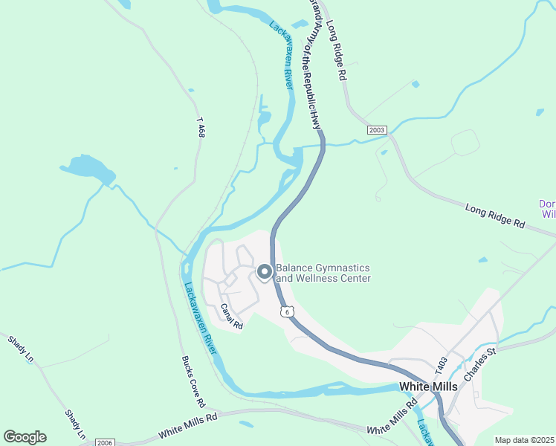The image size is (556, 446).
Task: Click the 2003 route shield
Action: click(x=377, y=130)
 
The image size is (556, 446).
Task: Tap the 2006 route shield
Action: click(x=104, y=442)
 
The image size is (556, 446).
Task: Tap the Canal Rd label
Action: click(x=232, y=316)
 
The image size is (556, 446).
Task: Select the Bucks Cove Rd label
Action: click(x=193, y=381)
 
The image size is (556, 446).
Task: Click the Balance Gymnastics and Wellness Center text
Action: click(x=323, y=273)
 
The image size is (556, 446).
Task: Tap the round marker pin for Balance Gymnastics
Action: click(x=265, y=273)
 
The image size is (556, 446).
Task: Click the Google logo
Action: click(x=25, y=437)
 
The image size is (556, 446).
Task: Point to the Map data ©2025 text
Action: click(x=524, y=440)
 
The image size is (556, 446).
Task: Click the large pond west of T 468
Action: click(x=87, y=169)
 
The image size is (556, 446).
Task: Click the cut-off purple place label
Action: click(x=547, y=209)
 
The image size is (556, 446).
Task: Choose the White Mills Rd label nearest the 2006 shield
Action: click(x=188, y=427)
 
